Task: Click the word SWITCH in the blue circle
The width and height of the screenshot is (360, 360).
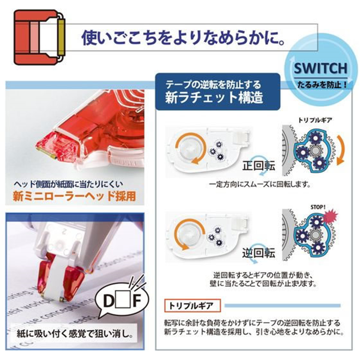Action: (x=321, y=68)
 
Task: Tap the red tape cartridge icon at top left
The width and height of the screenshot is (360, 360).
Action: (x=40, y=37)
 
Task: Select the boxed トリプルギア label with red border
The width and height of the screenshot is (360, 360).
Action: (x=193, y=306)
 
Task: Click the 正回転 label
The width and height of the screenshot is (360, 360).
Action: (x=258, y=166)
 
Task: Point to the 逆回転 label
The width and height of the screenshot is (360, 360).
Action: (x=258, y=252)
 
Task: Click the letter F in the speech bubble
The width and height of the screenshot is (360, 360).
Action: (x=137, y=301)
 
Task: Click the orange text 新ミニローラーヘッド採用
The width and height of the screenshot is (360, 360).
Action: (x=74, y=196)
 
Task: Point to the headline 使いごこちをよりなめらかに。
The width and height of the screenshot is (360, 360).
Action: (x=184, y=37)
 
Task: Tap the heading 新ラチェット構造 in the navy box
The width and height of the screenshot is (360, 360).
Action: (x=214, y=97)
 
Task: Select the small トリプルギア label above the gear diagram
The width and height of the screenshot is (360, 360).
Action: (x=315, y=120)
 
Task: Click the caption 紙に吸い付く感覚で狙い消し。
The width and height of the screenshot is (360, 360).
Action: (x=75, y=333)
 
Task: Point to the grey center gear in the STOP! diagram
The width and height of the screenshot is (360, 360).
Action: (x=315, y=235)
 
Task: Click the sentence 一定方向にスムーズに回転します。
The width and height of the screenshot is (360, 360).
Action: (x=260, y=184)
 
